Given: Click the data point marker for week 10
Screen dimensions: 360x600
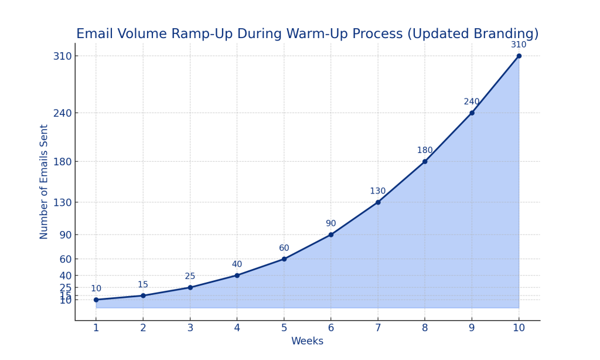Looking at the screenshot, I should tap(519, 56).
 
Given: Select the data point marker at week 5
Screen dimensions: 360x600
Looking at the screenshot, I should tap(284, 259).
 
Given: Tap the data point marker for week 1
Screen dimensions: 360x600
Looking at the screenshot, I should tap(96, 300).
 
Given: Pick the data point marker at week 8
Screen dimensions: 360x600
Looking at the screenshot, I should tap(425, 162).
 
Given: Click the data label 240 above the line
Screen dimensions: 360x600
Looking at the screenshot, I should tap(472, 102).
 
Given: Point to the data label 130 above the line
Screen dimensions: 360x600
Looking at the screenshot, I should tap(378, 191).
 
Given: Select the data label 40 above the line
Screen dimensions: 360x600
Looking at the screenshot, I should tap(237, 264).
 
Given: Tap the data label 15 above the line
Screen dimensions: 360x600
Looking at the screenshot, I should tap(143, 285).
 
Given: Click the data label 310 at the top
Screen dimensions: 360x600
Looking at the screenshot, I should tap(519, 45).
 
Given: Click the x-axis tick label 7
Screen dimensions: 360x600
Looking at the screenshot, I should tap(378, 328).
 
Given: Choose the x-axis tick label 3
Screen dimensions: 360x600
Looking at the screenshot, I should tap(190, 328).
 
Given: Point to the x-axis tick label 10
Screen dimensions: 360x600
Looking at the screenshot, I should tap(519, 328).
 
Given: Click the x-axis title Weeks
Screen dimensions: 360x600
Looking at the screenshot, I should tap(307, 342).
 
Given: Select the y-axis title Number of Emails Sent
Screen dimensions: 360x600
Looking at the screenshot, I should tap(45, 182).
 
